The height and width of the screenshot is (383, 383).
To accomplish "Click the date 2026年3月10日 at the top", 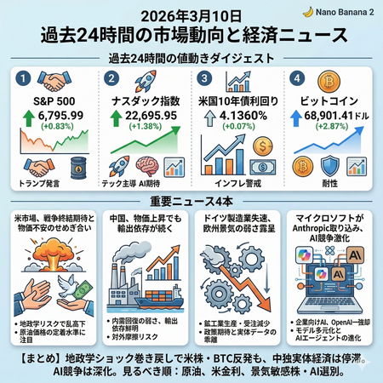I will click(x=191, y=14).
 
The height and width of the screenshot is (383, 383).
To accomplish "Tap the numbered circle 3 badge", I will click(x=203, y=78).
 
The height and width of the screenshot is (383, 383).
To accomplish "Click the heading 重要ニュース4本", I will click(x=191, y=201).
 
